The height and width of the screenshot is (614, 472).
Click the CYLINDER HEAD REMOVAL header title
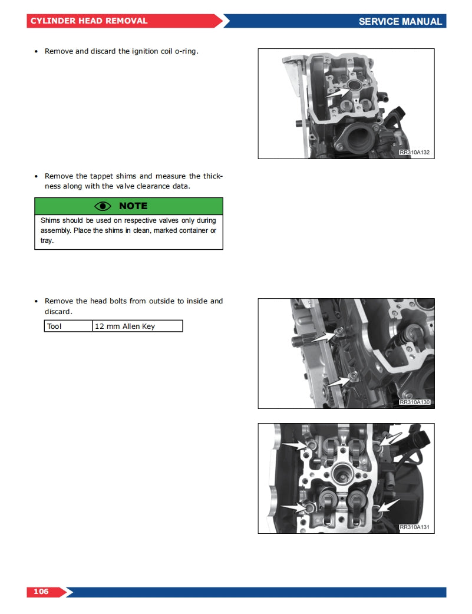point(89,21)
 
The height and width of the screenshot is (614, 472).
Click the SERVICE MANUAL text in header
point(400,21)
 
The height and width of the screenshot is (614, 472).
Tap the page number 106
point(41,591)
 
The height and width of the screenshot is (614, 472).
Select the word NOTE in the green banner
point(133,206)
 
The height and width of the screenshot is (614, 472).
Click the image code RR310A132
point(415,153)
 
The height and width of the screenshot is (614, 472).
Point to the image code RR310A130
point(415,402)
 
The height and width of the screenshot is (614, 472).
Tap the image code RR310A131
point(415,527)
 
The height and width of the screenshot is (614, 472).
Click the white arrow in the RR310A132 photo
point(338,91)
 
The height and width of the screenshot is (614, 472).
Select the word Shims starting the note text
point(50,220)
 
